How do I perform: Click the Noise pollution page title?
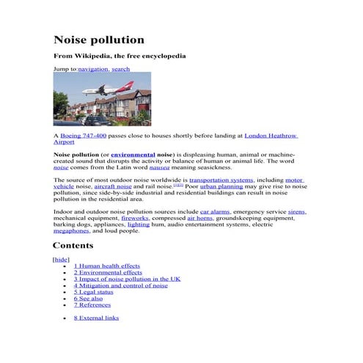click(99, 40)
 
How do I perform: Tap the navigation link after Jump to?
click(93, 69)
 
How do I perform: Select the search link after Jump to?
click(121, 69)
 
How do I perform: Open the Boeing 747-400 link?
click(83, 136)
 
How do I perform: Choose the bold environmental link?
click(133, 155)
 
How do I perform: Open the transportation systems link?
click(221, 180)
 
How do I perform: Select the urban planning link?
click(221, 186)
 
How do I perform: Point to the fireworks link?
click(135, 218)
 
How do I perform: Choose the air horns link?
click(200, 218)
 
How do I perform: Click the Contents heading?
click(73, 246)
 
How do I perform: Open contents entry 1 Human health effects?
click(107, 266)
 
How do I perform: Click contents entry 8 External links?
click(96, 318)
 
